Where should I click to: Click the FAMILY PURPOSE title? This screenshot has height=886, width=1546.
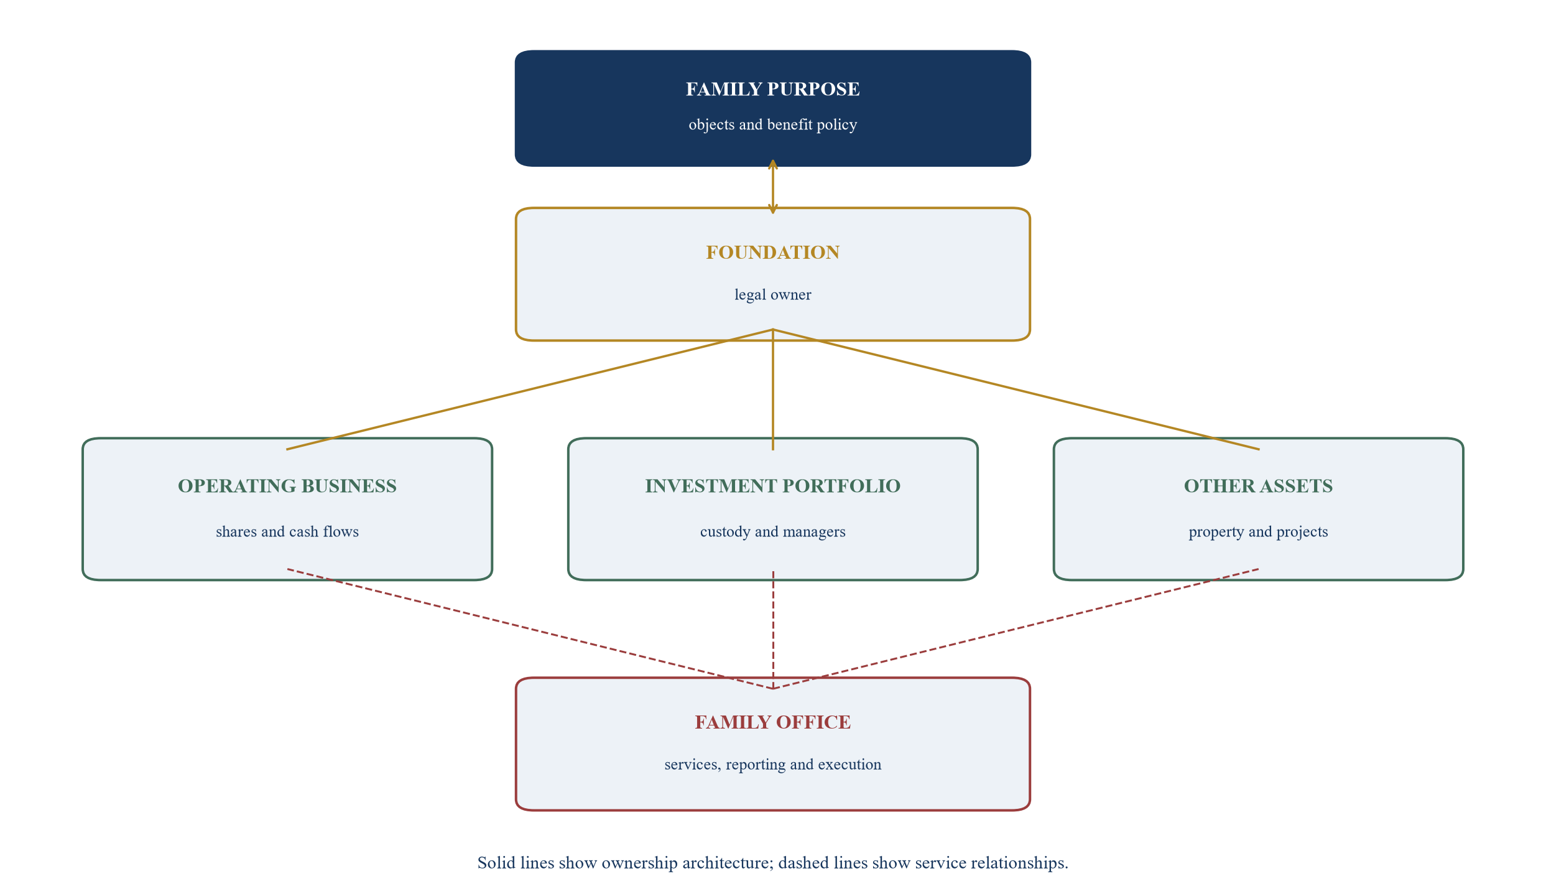point(772,89)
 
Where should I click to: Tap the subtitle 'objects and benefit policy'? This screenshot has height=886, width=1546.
point(772,124)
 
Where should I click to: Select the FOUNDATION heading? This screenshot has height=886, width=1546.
point(772,252)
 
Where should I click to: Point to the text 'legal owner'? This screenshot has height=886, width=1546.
point(772,294)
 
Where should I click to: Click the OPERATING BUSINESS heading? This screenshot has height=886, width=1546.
point(287,486)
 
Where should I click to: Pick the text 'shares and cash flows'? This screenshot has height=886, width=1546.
point(287,531)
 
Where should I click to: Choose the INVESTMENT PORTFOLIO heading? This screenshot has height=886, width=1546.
point(772,486)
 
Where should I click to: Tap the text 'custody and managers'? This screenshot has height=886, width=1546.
point(772,531)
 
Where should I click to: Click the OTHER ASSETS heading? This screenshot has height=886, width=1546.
point(1258,486)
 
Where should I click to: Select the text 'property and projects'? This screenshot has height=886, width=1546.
point(1258,531)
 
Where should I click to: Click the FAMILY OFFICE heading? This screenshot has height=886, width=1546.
point(772,722)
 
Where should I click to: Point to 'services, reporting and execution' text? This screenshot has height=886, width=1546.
point(772,764)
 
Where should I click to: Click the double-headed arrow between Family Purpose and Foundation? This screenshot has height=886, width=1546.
point(772,187)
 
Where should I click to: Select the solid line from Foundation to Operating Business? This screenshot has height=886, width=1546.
point(530,389)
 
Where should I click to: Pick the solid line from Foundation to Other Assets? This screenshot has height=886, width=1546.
point(1016,389)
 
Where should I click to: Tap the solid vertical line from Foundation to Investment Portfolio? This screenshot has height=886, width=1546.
point(772,389)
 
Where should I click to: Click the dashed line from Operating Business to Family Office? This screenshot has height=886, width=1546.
point(530,628)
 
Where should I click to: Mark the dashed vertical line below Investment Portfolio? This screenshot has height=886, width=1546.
point(773,630)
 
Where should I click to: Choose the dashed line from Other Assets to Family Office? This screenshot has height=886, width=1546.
point(1016,628)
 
